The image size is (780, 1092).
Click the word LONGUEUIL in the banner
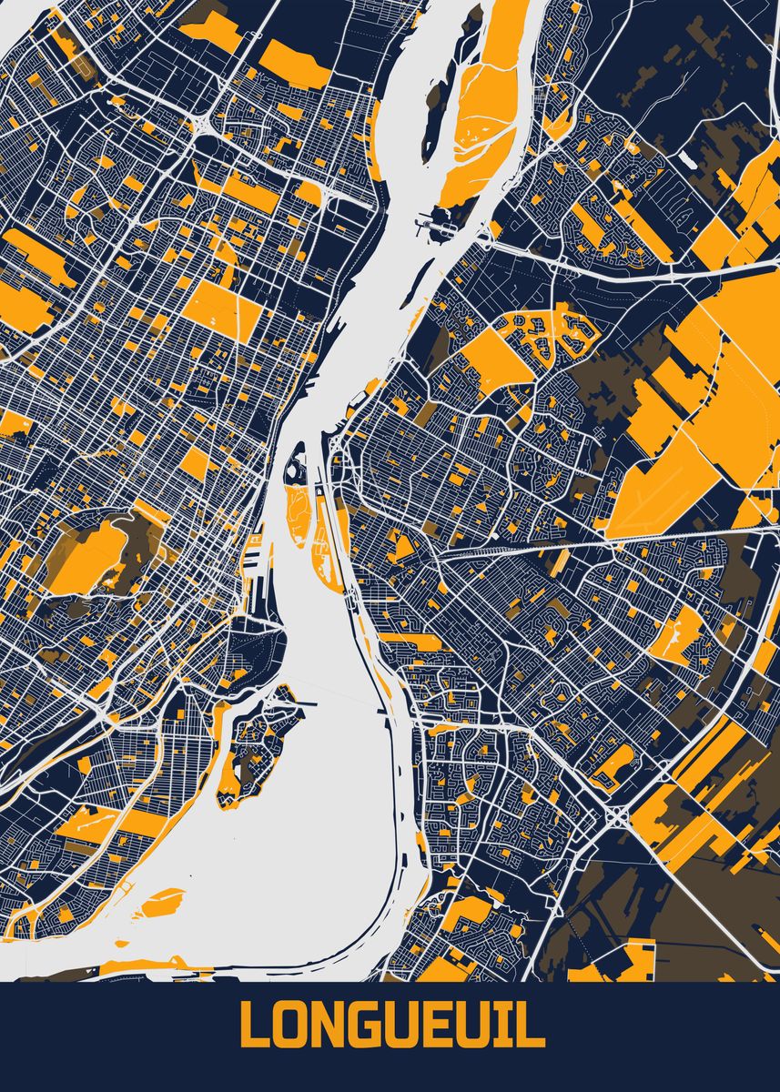pos(391,1026)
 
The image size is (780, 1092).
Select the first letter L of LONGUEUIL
pos(254,1026)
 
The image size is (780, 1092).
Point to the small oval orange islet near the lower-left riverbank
pos(163,900)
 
